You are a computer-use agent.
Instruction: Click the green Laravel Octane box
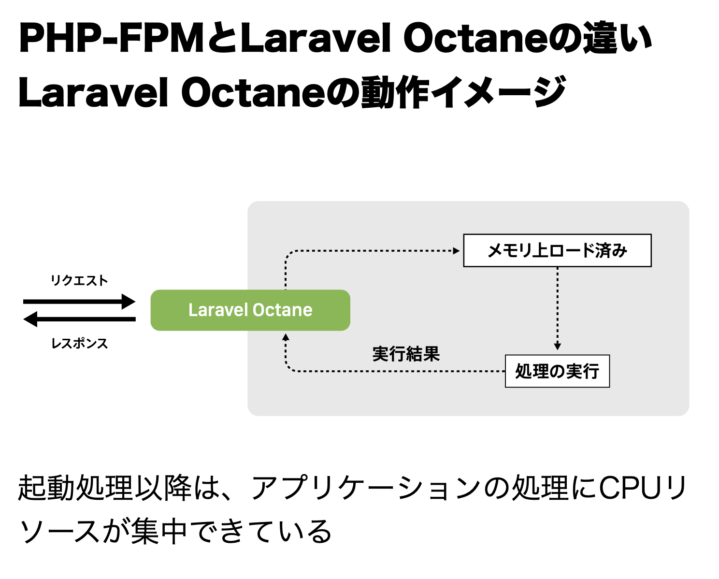250,310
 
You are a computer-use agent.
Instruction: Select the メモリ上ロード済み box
557,250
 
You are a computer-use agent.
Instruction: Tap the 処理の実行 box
557,371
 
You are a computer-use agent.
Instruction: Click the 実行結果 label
406,354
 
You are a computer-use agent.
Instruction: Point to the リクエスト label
79,280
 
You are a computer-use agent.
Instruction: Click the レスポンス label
79,344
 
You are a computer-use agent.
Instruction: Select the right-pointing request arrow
79,302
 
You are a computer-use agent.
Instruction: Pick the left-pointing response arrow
79,319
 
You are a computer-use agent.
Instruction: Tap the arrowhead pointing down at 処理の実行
557,346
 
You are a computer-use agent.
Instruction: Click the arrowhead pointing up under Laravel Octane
286,337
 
